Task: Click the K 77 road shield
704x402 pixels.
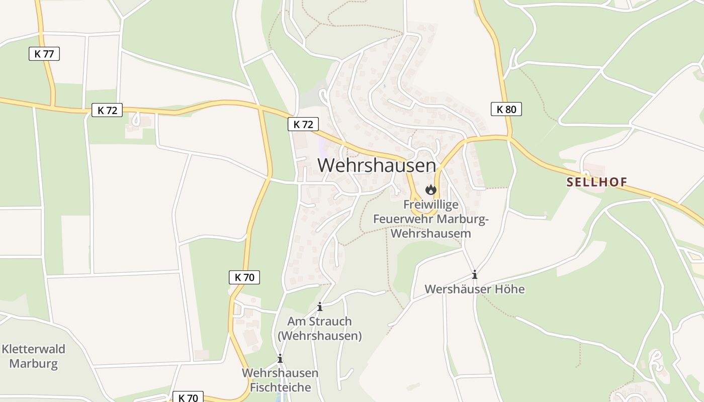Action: tap(44, 54)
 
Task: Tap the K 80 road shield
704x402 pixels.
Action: tap(506, 109)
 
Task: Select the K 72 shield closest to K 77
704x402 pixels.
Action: tap(107, 110)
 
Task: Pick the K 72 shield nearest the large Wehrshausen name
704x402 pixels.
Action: tap(303, 124)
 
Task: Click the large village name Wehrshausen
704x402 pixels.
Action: tap(376, 165)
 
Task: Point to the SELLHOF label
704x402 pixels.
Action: tap(597, 182)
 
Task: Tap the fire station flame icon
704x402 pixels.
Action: tap(430, 189)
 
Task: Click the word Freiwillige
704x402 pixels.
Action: tap(431, 205)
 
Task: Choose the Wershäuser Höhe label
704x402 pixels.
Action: tap(474, 289)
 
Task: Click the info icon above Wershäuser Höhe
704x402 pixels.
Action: tap(474, 275)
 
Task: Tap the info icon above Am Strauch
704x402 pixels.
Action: tap(319, 307)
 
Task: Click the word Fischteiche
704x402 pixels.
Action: tap(280, 387)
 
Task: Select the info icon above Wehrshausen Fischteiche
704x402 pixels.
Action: tap(280, 358)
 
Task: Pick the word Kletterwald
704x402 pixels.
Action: tap(34, 349)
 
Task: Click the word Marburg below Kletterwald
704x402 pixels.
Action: tap(34, 363)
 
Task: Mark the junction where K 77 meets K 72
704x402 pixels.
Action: tap(52, 107)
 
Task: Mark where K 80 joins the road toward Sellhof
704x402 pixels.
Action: tap(509, 137)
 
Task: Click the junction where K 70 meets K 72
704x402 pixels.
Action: tap(260, 107)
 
